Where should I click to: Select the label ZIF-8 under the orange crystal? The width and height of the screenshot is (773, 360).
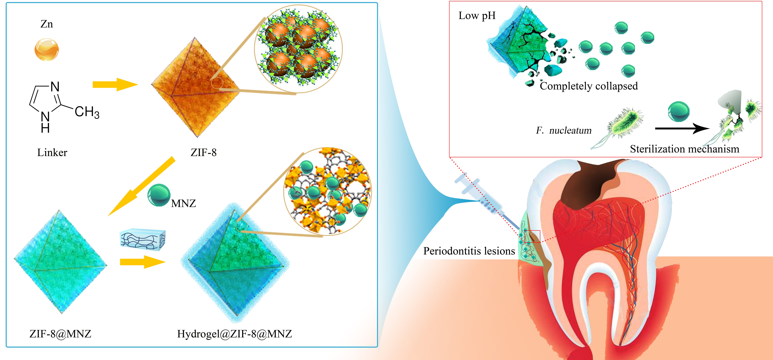point(203,152)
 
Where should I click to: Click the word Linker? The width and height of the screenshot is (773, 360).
point(52,152)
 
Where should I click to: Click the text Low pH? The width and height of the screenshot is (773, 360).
point(477,16)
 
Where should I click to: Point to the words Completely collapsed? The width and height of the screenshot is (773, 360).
point(588,86)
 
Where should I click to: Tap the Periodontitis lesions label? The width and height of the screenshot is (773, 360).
point(469,251)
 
